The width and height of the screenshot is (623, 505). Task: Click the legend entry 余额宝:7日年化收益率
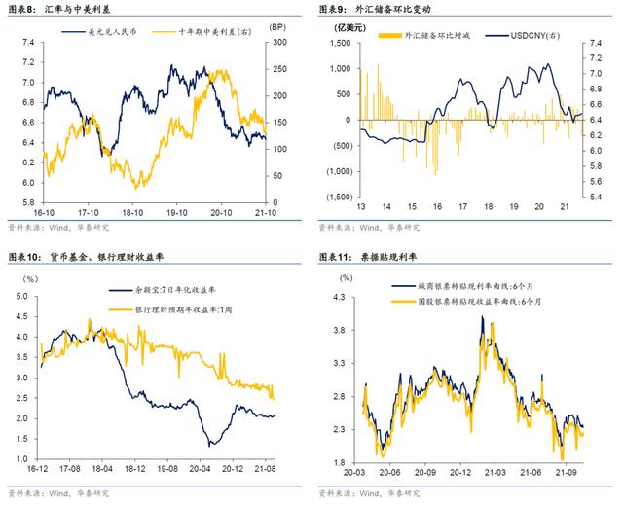(174, 291)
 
